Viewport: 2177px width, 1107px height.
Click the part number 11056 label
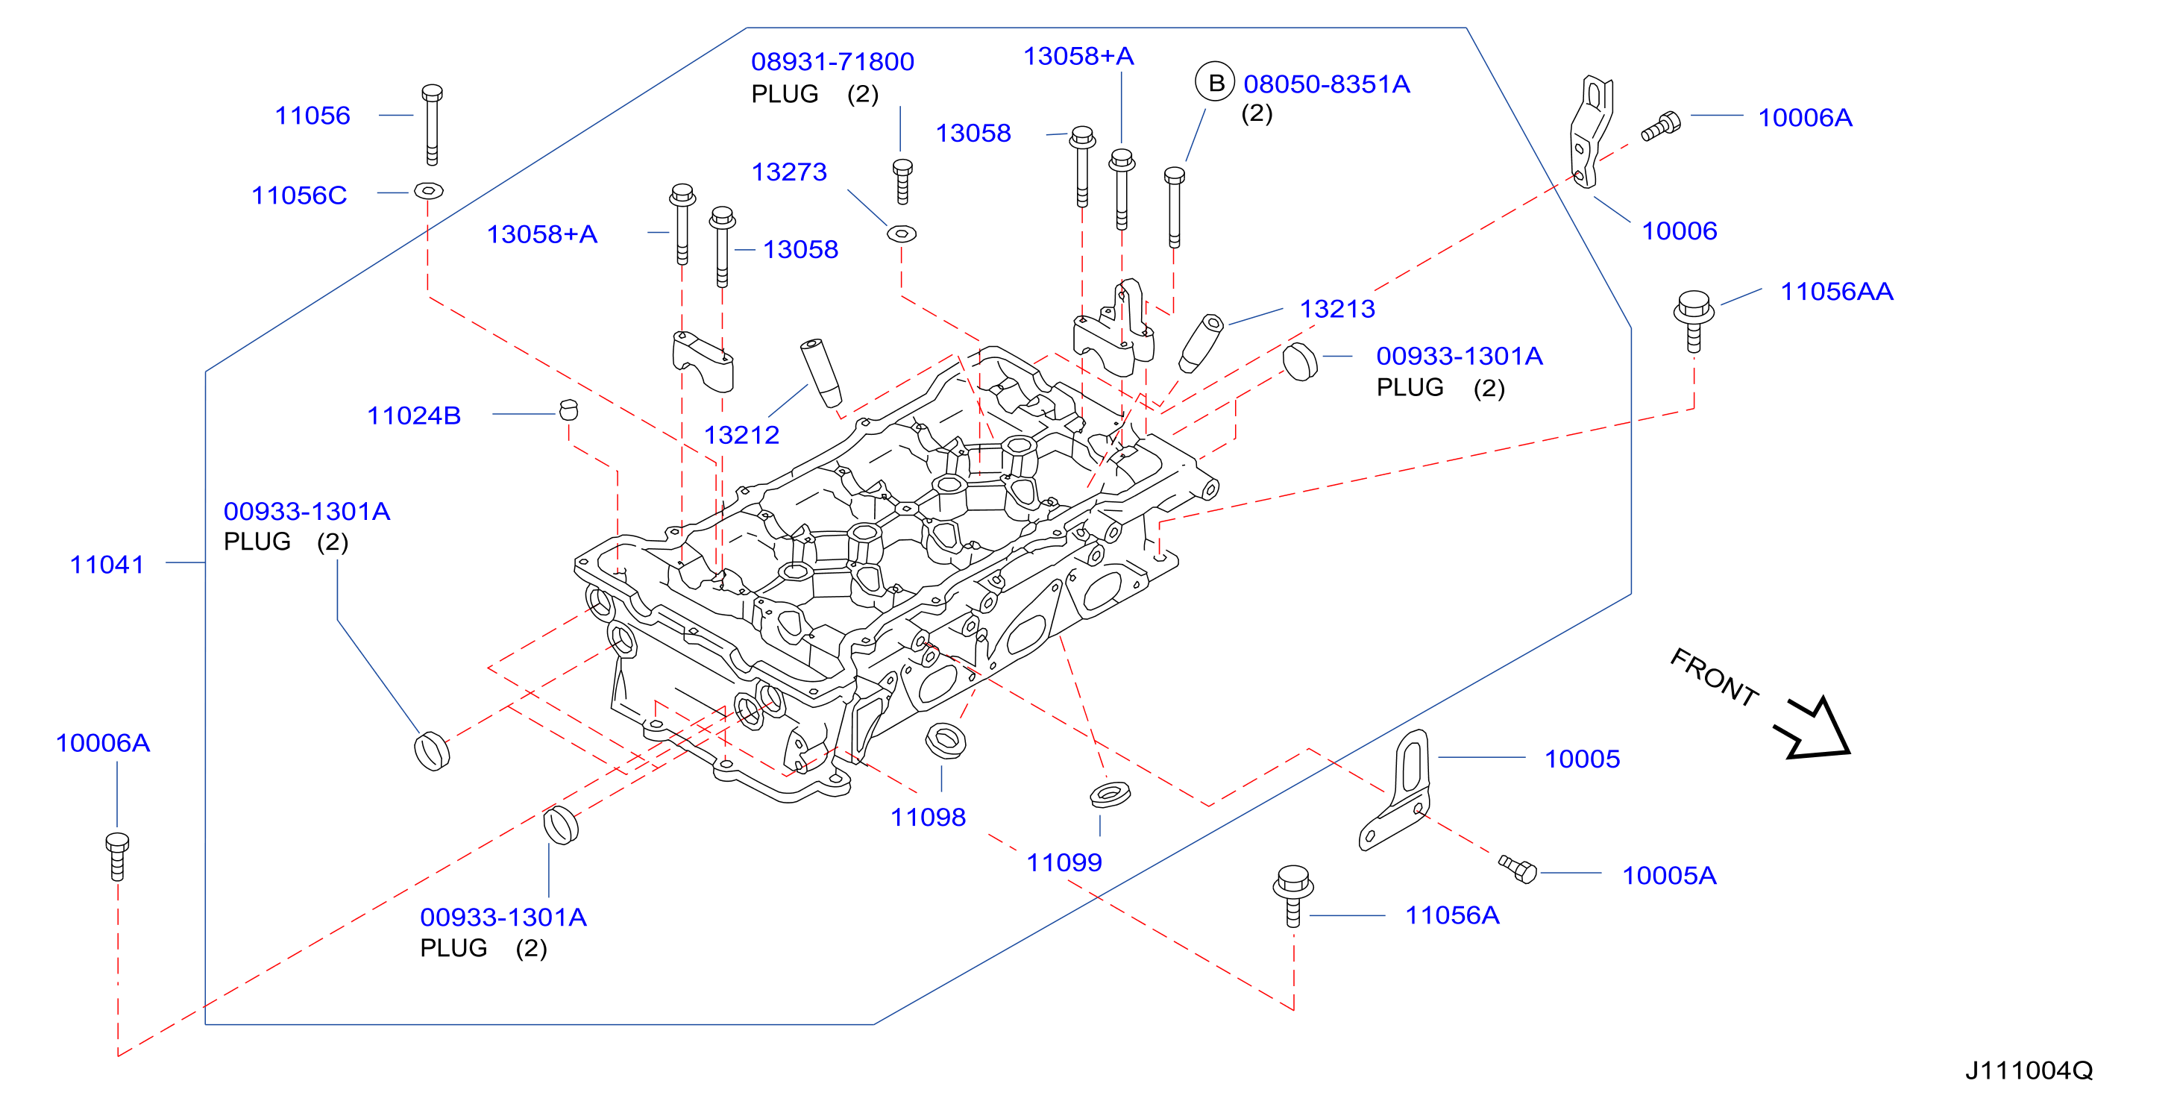tap(312, 116)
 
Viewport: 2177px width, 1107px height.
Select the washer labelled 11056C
tap(429, 191)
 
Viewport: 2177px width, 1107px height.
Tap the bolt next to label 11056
tap(432, 125)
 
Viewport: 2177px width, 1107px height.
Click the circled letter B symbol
tap(1215, 83)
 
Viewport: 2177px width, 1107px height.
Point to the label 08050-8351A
tap(1326, 84)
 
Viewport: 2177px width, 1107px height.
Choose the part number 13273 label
tap(788, 172)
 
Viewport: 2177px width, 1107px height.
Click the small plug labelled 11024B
tap(569, 410)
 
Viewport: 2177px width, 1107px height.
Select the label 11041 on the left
tap(107, 565)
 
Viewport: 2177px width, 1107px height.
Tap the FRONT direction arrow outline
tap(1815, 728)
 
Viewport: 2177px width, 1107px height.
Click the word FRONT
tap(1714, 676)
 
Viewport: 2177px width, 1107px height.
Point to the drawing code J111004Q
tap(2029, 1070)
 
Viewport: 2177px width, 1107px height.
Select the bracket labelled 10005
tap(1395, 790)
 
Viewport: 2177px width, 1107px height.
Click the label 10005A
tap(1669, 876)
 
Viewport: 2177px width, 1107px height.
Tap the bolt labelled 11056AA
tap(1694, 321)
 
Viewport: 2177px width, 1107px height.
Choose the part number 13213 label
tap(1337, 310)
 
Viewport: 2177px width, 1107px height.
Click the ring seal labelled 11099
tap(1110, 794)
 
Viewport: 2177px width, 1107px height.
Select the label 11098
tap(928, 817)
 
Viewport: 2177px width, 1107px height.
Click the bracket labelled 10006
tap(1591, 132)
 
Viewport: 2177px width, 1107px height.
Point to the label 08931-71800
tap(832, 62)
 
